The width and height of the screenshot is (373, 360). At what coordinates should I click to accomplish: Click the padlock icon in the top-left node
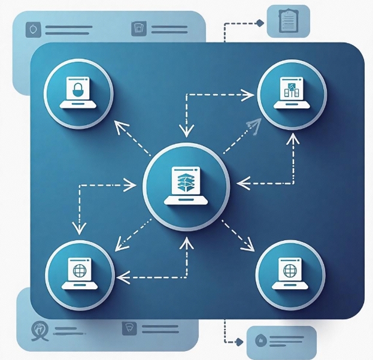77,91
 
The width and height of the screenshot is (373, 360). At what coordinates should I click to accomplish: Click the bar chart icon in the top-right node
291,90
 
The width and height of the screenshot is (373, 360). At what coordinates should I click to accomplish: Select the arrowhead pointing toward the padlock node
120,127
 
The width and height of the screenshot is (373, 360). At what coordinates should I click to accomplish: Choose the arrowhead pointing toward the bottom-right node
247,245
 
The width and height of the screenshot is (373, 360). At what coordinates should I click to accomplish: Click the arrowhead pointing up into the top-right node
292,138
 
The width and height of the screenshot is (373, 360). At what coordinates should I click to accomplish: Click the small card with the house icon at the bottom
281,340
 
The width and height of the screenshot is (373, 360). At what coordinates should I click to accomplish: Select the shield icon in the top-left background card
32,29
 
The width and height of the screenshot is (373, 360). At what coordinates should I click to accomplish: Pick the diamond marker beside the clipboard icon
260,23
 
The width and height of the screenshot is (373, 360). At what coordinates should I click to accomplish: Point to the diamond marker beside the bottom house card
240,341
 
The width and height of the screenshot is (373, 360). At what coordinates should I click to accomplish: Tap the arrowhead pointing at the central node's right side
241,181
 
